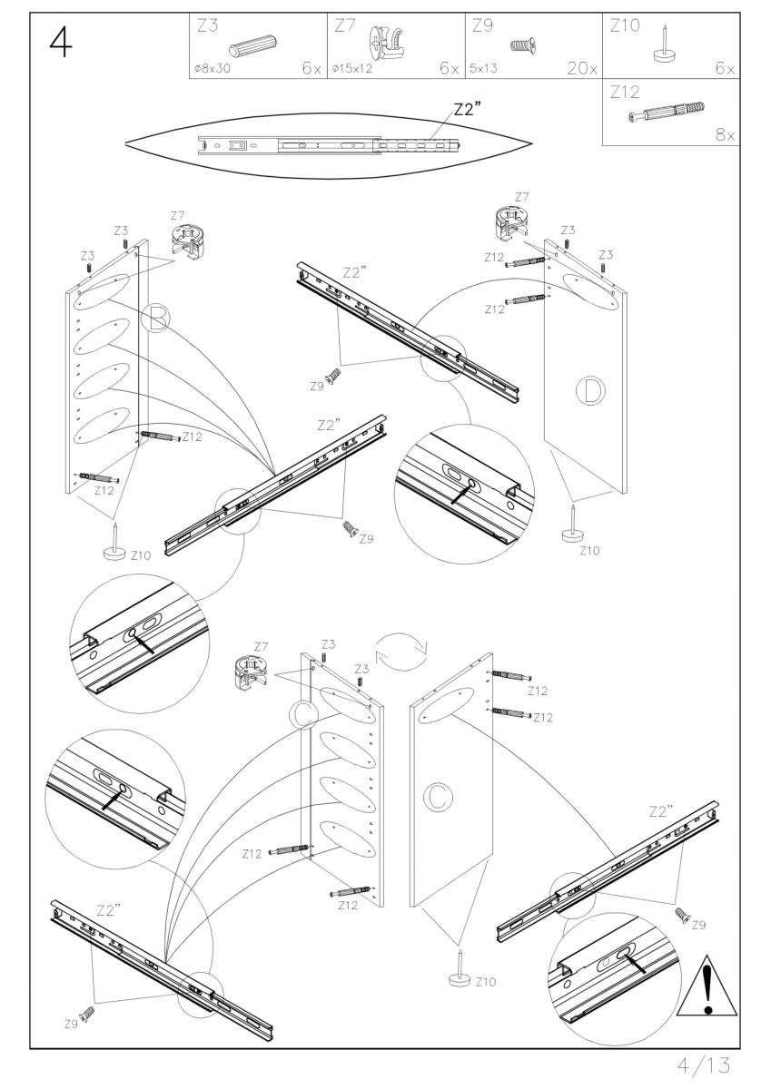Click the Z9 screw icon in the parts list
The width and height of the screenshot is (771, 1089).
[x=523, y=43]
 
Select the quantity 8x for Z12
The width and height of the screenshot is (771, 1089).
[x=725, y=135]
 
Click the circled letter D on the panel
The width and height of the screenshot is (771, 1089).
[x=591, y=391]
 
